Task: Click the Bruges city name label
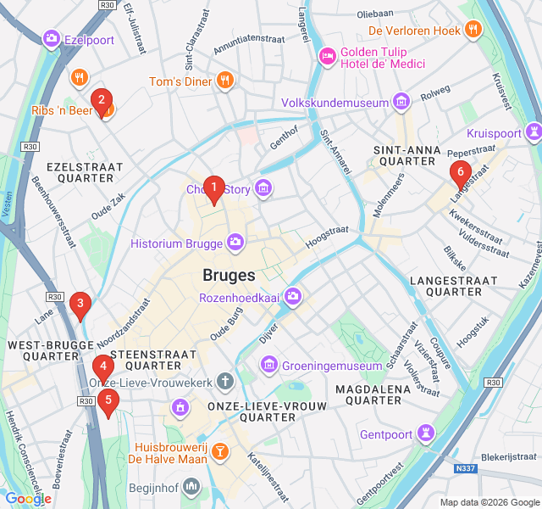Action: (x=229, y=276)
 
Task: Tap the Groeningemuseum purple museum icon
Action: (x=270, y=366)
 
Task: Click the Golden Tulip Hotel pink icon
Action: (x=327, y=56)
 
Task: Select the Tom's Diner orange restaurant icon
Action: (x=224, y=81)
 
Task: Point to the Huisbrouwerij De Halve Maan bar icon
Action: (x=219, y=450)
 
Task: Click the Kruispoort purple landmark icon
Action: (x=533, y=133)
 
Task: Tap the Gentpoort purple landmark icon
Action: (x=425, y=434)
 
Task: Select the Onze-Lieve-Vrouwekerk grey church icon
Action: (x=224, y=383)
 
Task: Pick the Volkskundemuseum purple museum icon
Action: (x=401, y=103)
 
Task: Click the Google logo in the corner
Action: (x=28, y=499)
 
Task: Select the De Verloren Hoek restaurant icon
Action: (x=473, y=31)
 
